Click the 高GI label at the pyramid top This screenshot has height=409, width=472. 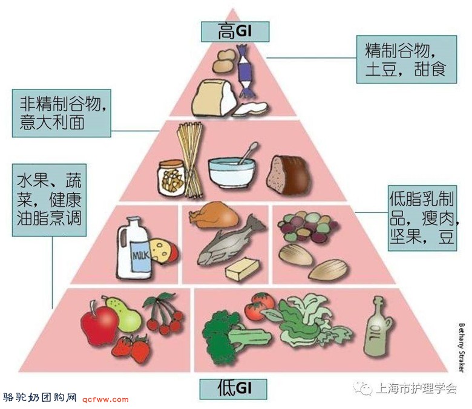(x=235, y=31)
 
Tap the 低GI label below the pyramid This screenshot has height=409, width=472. (x=234, y=389)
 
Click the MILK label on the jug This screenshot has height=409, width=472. (x=141, y=255)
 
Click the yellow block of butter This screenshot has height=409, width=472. (x=242, y=269)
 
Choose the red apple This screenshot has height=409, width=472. (x=99, y=324)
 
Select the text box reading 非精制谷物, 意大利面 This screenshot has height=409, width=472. (x=61, y=113)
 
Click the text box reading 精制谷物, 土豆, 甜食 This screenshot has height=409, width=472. (x=407, y=59)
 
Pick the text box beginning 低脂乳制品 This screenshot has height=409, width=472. (x=422, y=218)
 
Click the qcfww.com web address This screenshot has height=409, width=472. (x=105, y=399)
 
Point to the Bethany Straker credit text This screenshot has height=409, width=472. (x=461, y=348)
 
